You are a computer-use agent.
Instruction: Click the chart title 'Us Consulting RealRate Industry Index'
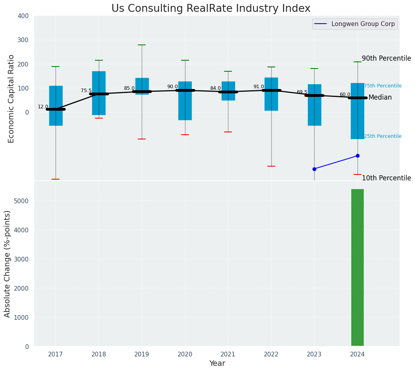pos(211,9)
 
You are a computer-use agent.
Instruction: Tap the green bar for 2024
pos(357,267)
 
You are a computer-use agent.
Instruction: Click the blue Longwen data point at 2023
pos(314,169)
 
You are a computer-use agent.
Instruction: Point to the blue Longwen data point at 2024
pos(358,156)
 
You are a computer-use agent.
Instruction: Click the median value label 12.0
pos(43,107)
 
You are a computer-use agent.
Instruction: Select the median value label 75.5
pos(86,91)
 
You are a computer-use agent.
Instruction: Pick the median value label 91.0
pos(259,87)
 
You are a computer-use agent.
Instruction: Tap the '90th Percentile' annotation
pos(386,58)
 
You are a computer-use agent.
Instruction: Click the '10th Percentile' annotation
pos(386,178)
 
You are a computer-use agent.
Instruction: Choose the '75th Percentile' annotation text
pos(383,86)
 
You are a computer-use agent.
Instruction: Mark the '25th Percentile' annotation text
pos(383,136)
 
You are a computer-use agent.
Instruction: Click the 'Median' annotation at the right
pos(380,98)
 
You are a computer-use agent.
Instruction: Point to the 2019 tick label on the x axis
pos(142,354)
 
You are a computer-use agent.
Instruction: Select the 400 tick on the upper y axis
pos(23,16)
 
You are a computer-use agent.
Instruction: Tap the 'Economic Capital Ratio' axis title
pos(11,98)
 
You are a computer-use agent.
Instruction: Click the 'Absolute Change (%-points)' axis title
pos(7,263)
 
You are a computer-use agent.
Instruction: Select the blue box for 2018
pos(99,93)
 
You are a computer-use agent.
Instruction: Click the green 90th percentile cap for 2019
pos(142,45)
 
